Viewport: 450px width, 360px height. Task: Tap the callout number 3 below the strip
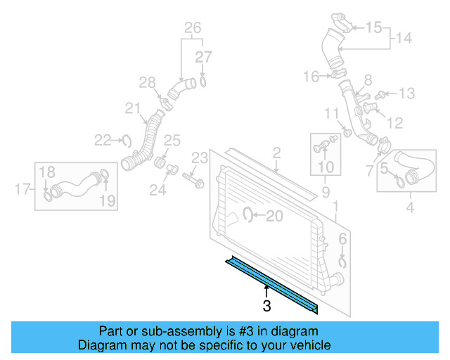click(x=266, y=306)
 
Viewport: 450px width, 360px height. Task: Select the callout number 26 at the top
click(x=193, y=28)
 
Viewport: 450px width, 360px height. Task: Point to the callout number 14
click(x=403, y=38)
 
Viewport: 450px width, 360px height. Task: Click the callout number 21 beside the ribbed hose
click(x=133, y=108)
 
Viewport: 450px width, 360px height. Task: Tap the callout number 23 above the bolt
click(x=200, y=157)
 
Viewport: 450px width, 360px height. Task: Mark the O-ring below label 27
click(x=202, y=82)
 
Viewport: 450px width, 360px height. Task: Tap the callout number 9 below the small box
click(x=326, y=191)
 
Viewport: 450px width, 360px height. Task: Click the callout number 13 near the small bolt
click(x=407, y=93)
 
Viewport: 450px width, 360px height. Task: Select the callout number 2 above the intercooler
click(x=276, y=152)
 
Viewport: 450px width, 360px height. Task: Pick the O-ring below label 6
click(x=342, y=262)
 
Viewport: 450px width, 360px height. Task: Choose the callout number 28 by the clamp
click(x=146, y=83)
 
